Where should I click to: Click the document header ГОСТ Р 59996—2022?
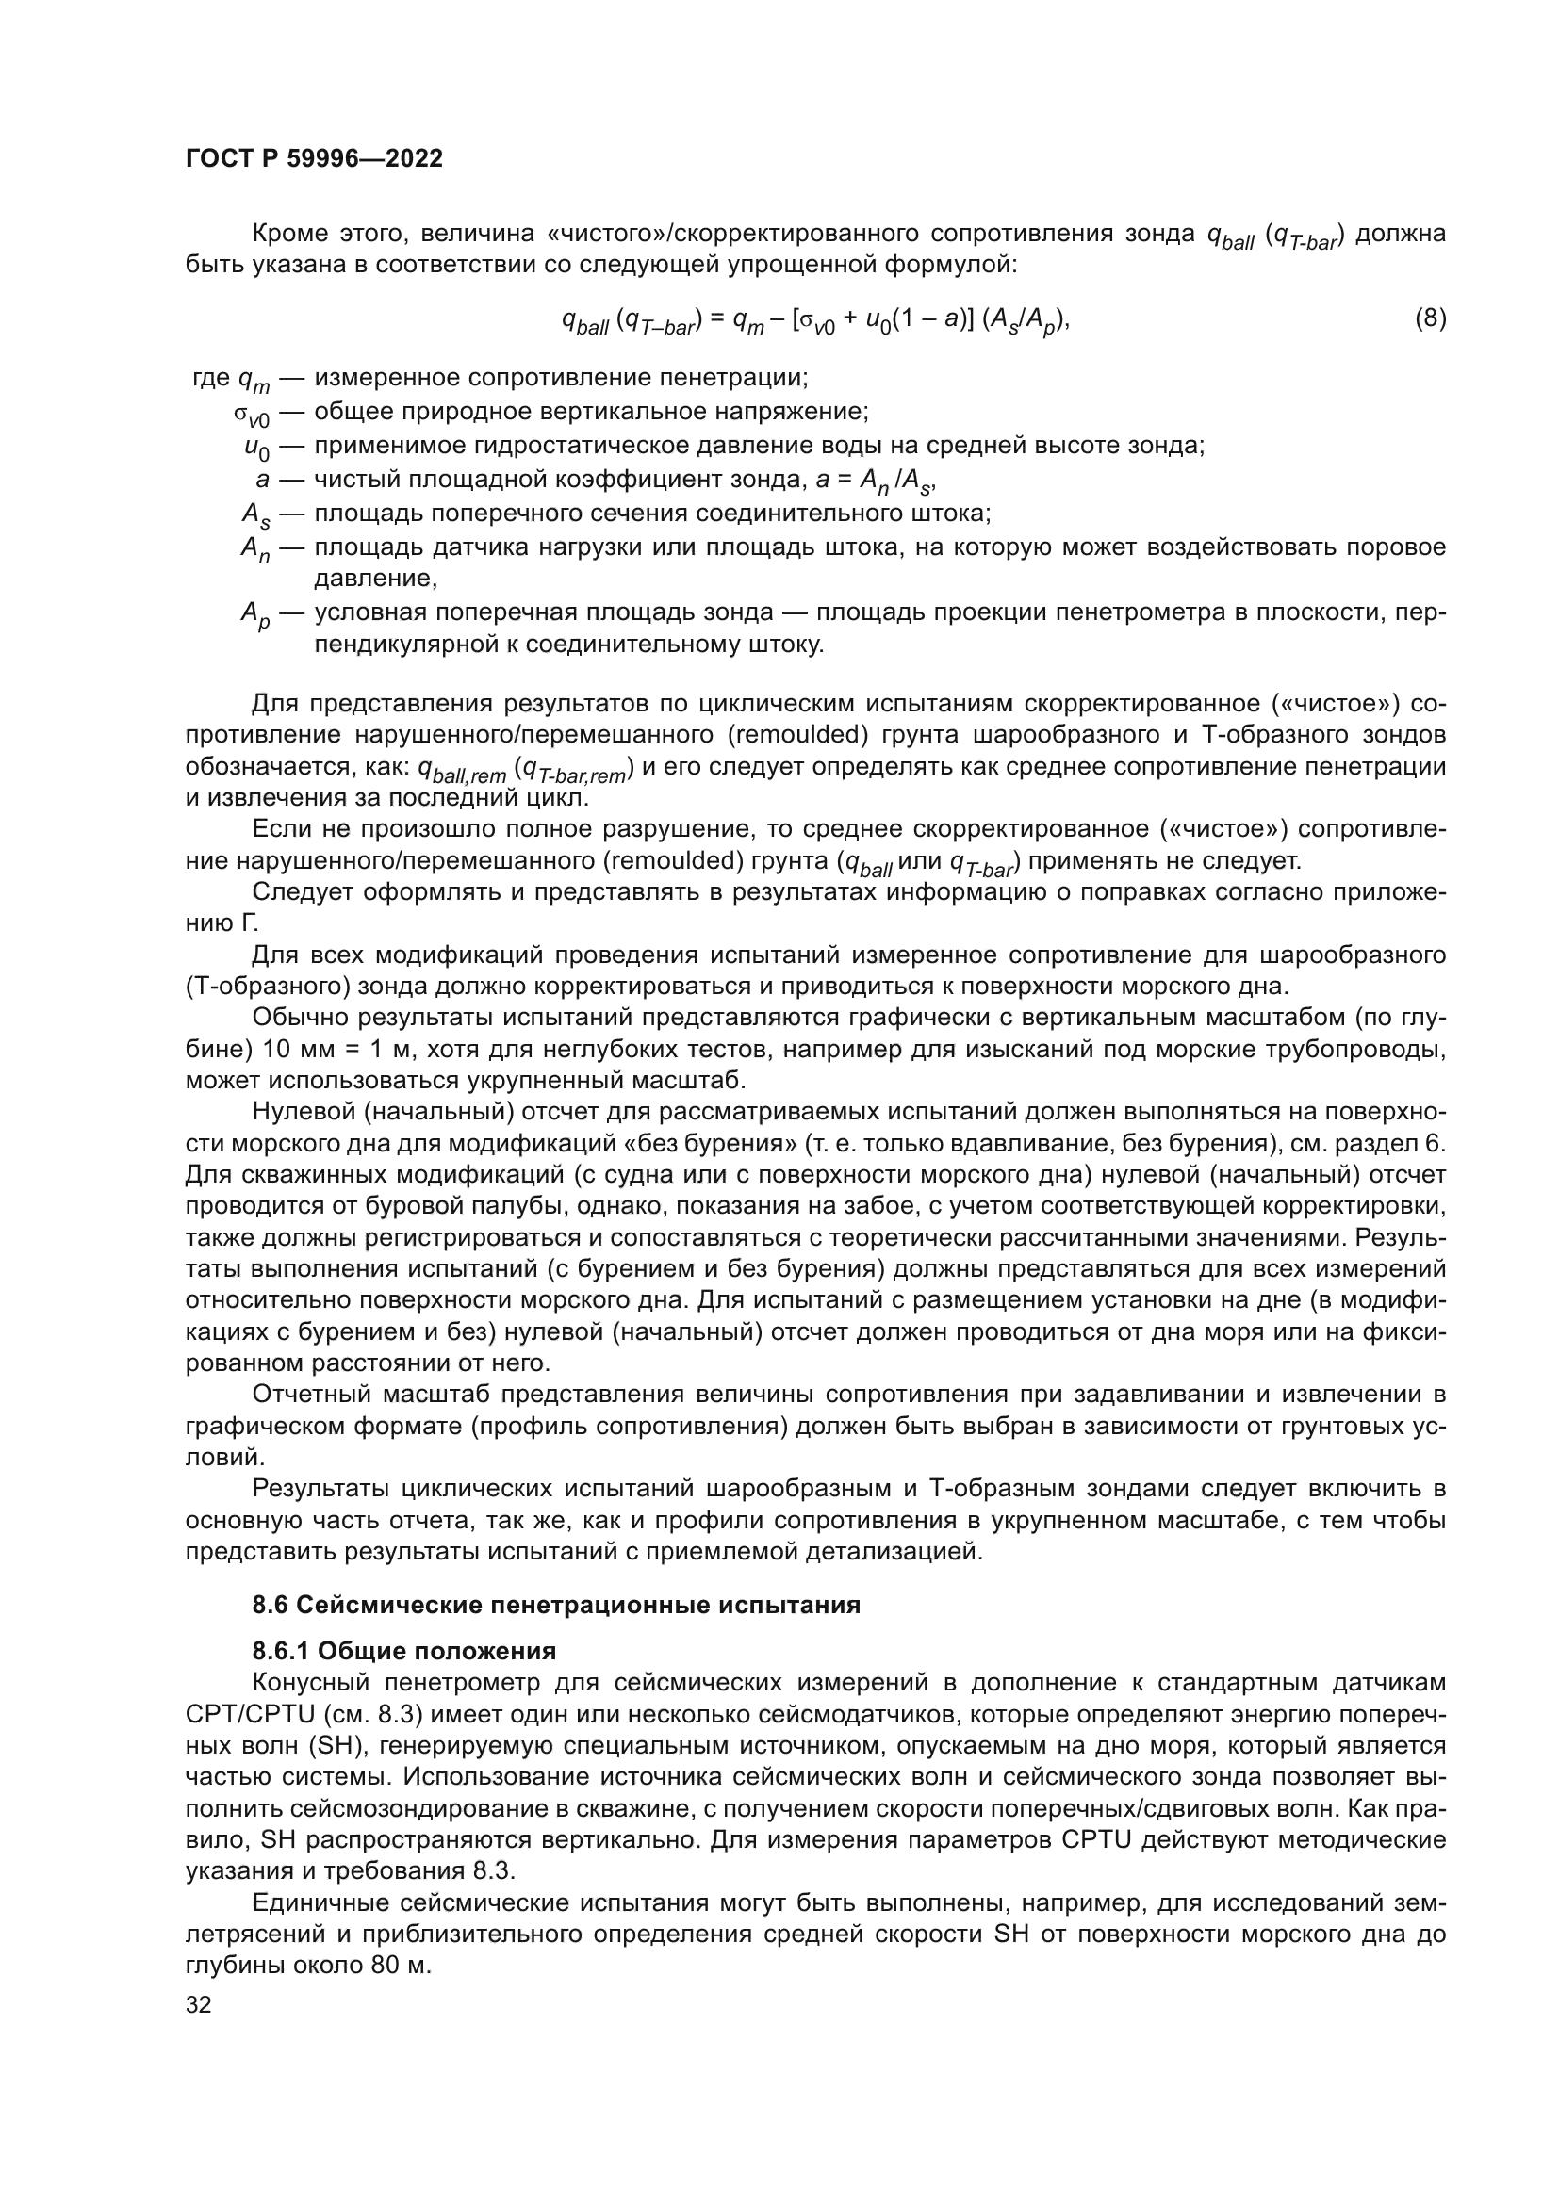[x=314, y=158]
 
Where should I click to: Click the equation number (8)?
[x=1430, y=318]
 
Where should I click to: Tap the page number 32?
[x=199, y=2004]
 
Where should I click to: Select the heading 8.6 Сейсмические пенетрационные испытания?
[x=556, y=1605]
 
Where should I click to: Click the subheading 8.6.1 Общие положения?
[x=404, y=1651]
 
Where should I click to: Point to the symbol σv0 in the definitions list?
[x=253, y=415]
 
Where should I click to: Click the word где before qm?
[x=211, y=378]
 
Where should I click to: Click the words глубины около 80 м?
[x=308, y=1965]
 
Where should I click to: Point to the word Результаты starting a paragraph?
[x=318, y=1488]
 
